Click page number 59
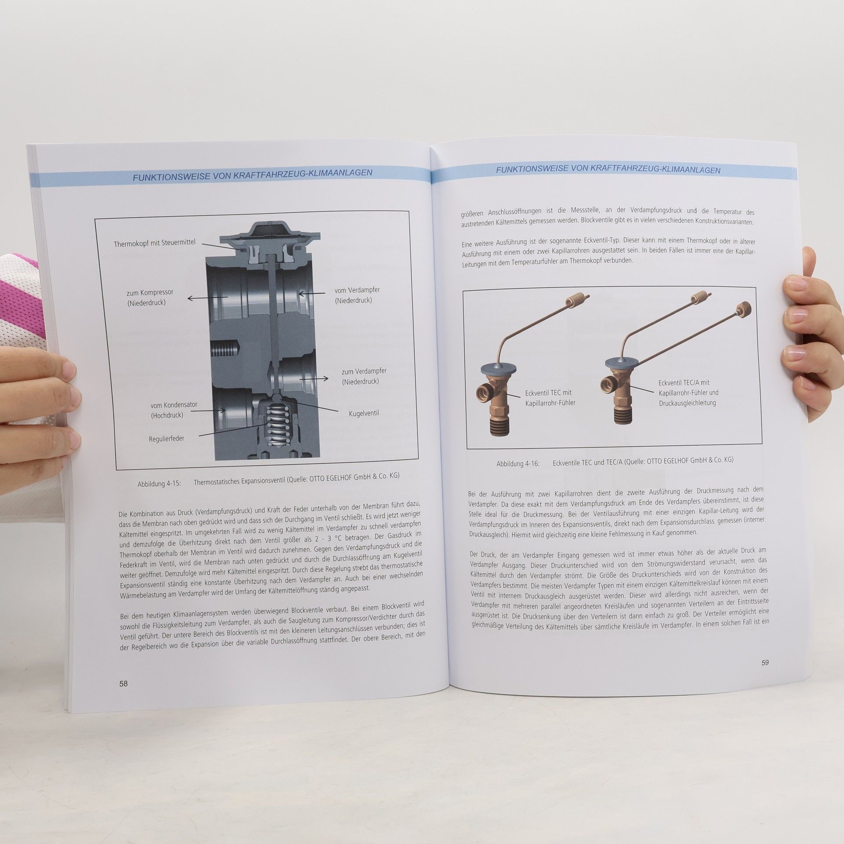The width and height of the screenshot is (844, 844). point(765,662)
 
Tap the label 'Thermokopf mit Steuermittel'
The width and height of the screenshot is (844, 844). point(154,243)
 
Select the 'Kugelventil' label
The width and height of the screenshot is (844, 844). point(364,413)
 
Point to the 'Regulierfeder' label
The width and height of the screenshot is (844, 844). point(167,438)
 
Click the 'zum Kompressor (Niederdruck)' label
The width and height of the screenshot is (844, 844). point(150,298)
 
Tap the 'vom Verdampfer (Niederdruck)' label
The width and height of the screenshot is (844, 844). point(357,295)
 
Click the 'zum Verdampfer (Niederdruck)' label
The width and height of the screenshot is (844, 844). point(364,376)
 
